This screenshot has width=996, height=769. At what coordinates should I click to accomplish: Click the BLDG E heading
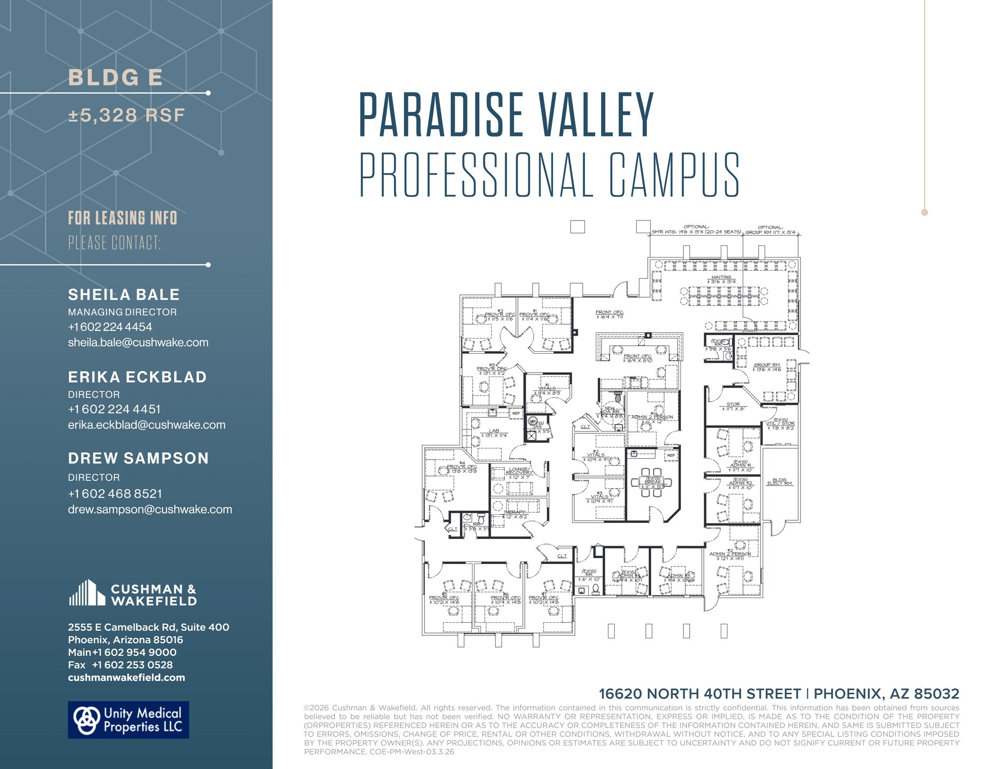[x=115, y=78]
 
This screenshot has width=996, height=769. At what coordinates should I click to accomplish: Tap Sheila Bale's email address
[x=138, y=342]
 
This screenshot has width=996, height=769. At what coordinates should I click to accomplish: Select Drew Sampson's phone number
[x=115, y=494]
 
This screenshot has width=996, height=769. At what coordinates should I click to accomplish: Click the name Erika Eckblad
[x=137, y=377]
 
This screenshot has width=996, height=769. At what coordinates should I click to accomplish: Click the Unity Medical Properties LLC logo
[x=128, y=720]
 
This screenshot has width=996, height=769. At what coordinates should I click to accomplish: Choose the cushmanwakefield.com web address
[x=126, y=678]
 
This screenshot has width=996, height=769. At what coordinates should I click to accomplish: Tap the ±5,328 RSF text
[x=126, y=116]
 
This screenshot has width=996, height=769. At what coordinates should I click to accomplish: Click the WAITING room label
[x=721, y=279]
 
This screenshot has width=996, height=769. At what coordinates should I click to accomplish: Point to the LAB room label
[x=494, y=432]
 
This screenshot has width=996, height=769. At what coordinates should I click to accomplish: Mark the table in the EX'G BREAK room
[x=651, y=482]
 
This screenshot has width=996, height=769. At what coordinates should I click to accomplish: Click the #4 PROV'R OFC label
[x=462, y=468]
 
